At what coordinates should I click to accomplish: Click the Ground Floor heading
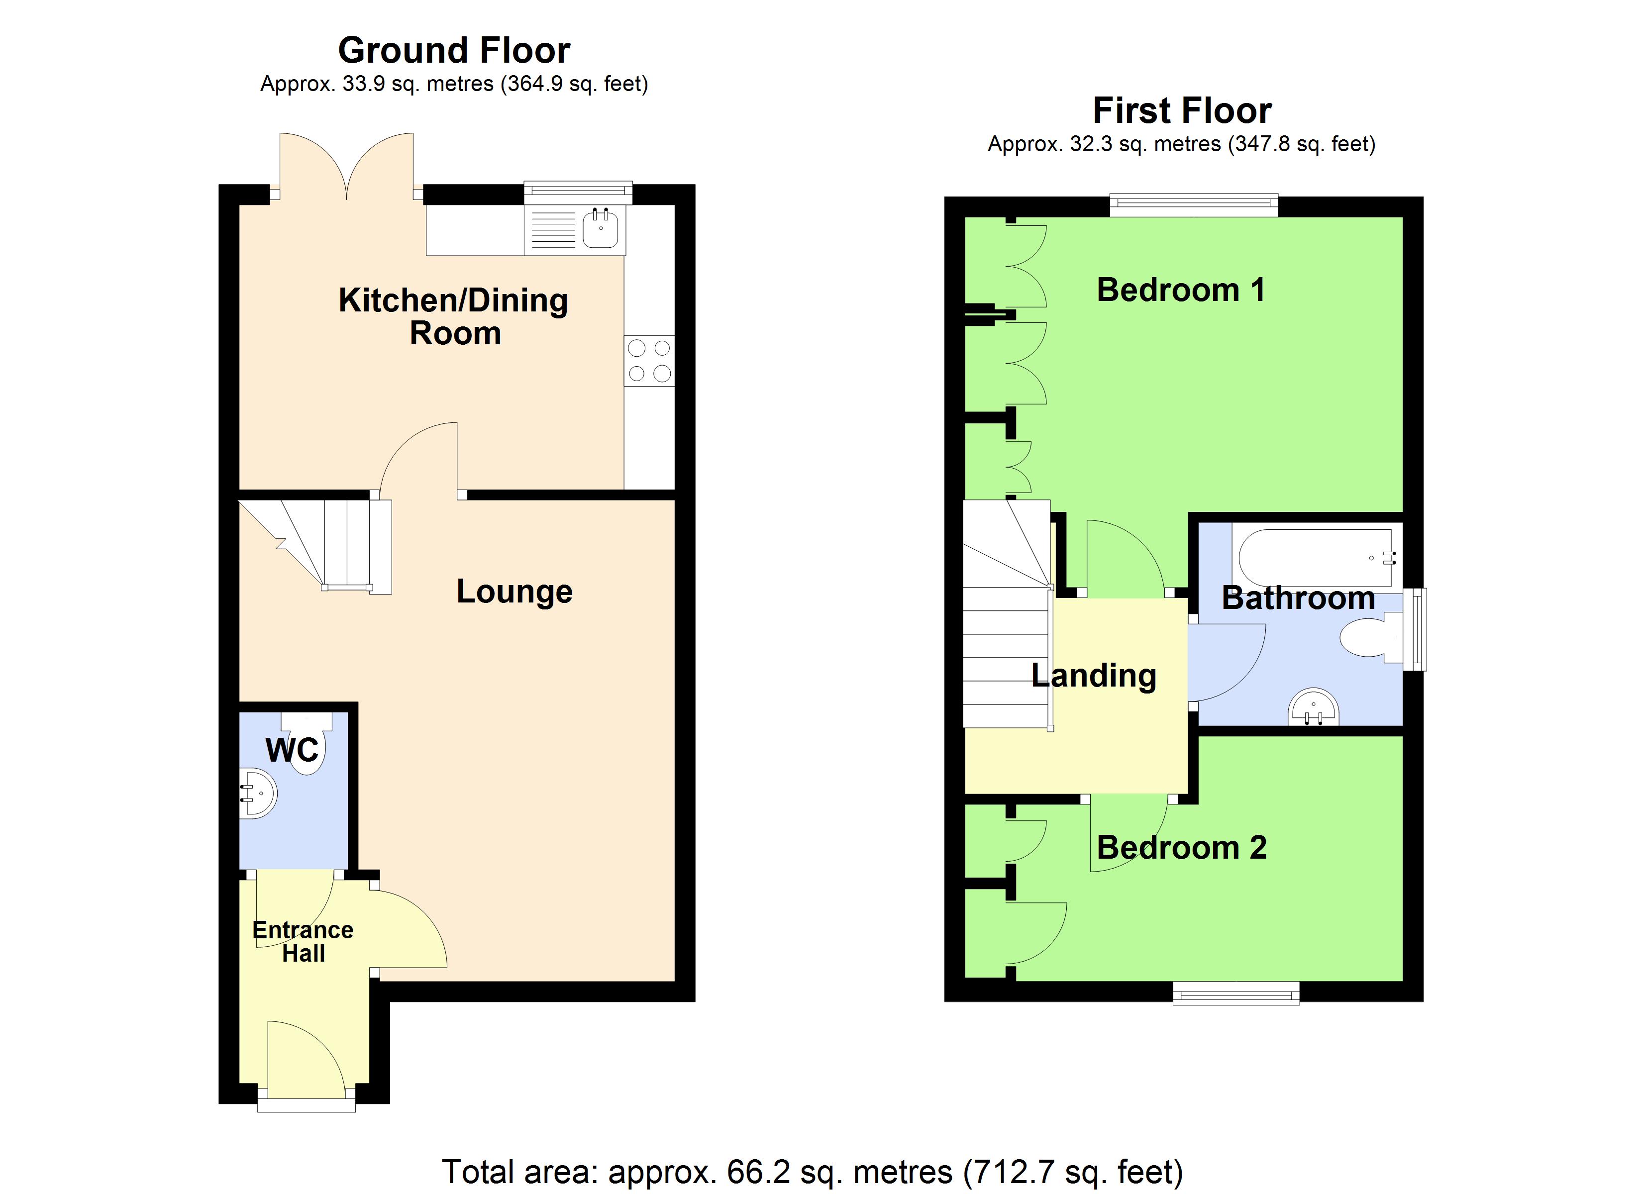pos(454,51)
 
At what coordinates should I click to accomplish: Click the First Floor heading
pos(1182,111)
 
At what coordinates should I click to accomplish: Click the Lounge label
pos(514,592)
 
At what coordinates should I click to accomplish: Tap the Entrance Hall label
pos(303,941)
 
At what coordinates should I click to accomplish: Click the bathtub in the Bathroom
pos(1315,558)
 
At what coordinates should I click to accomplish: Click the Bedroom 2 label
pos(1182,848)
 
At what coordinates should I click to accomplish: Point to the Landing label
pos(1093,676)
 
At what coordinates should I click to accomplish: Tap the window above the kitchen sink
pos(578,192)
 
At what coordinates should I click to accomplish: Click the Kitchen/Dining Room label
pos(454,317)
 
